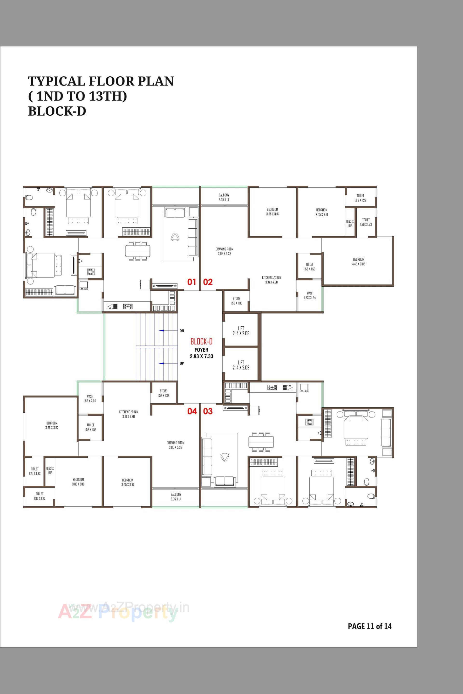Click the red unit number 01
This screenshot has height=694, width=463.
(192, 282)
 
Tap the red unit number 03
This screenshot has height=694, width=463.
(208, 411)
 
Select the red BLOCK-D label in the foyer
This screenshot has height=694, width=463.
(201, 342)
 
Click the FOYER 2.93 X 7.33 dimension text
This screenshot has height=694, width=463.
(201, 353)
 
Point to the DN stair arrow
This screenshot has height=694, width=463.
(162, 331)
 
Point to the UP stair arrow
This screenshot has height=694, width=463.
(162, 363)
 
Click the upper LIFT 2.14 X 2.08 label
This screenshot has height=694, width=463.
(241, 331)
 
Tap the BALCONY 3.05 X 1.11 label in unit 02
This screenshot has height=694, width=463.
(224, 197)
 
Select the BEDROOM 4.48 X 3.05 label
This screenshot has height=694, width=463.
(359, 262)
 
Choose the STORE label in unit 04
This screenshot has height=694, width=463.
(163, 393)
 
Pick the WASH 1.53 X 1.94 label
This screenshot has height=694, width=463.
(310, 295)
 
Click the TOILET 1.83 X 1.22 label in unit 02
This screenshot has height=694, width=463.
(360, 198)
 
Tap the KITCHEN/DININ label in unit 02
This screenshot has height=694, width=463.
(271, 280)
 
